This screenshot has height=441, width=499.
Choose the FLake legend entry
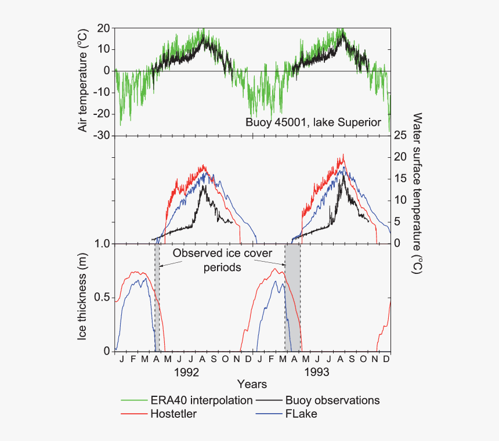(x=301, y=414)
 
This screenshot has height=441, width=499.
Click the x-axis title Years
(x=252, y=384)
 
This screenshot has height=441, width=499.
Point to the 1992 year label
(x=186, y=371)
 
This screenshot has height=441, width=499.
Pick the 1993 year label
(x=317, y=371)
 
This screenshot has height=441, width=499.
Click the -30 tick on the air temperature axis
(x=102, y=135)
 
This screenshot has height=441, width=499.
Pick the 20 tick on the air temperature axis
(x=104, y=28)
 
